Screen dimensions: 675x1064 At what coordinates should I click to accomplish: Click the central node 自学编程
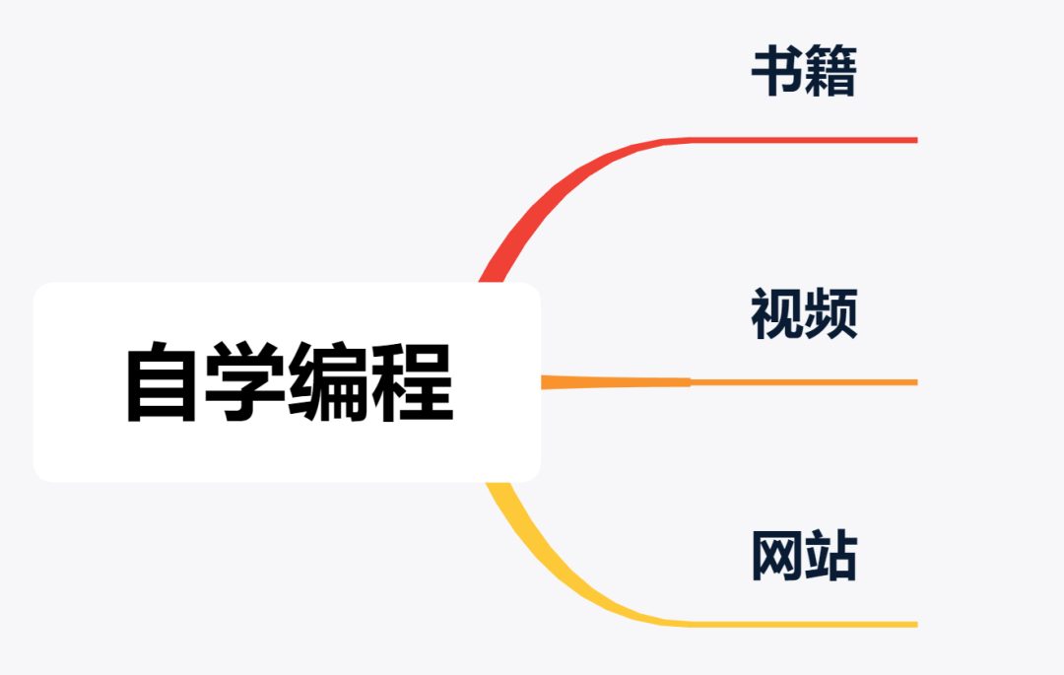287,382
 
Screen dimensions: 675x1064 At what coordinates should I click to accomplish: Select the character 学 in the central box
245,383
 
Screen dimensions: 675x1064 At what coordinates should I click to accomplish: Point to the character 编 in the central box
328,383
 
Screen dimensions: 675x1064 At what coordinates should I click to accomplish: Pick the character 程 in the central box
411,383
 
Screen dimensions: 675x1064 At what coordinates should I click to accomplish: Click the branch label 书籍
804,72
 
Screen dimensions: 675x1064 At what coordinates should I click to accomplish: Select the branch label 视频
804,313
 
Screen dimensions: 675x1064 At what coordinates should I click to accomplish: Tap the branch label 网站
804,556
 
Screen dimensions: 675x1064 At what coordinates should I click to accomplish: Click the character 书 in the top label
777,72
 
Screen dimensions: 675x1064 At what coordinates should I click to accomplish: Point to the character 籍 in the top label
831,72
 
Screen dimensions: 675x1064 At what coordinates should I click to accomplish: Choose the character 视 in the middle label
777,313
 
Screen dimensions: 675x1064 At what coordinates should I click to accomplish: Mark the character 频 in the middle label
831,313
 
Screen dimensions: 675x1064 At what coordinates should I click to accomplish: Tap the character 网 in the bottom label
777,556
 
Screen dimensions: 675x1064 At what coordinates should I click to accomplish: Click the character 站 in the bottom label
831,556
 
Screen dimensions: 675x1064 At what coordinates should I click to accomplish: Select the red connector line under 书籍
803,140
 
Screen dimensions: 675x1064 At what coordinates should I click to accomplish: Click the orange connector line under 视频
803,381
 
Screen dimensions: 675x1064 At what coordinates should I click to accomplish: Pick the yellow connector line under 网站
803,624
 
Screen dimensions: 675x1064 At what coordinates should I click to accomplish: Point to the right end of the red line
914,140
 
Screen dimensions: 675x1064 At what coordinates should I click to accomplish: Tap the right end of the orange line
914,381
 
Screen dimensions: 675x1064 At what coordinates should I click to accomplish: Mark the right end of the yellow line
914,624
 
